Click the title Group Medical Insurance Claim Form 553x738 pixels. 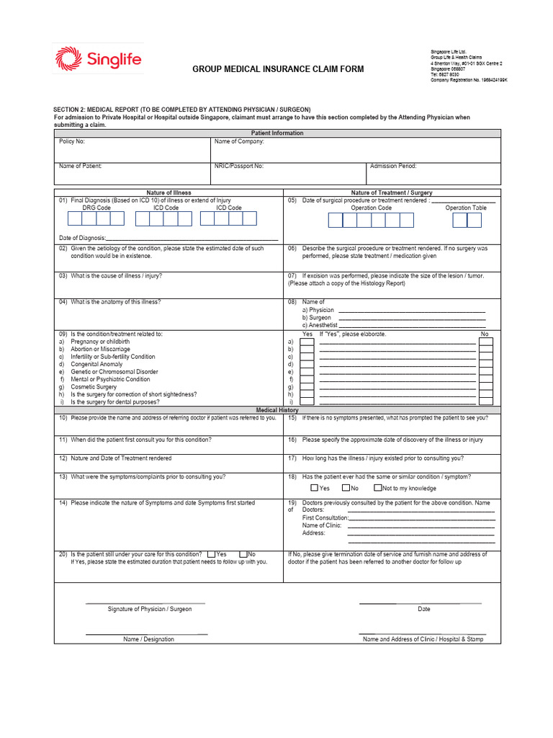point(278,69)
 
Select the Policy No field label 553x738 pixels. point(72,141)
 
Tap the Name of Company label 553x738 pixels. point(239,141)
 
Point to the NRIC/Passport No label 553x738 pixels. point(238,166)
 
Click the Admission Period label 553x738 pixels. point(393,166)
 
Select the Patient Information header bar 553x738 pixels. point(277,133)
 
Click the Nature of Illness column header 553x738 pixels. point(168,193)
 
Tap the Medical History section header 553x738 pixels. point(277,410)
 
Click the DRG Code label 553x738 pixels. point(96,208)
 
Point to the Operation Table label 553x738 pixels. point(466,208)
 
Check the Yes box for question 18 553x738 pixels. point(315,488)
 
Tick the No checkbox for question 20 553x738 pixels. point(243,554)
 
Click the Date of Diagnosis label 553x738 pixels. point(82,238)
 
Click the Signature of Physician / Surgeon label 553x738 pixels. point(150,609)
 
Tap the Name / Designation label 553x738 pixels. point(148,639)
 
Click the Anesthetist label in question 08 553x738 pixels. point(319,325)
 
